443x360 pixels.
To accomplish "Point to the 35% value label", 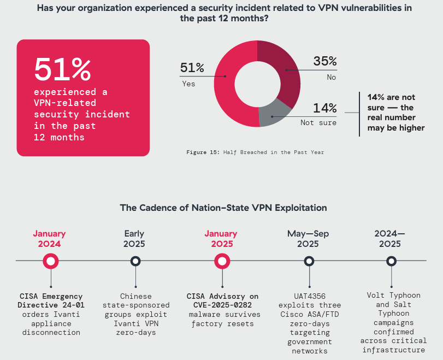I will (324, 61).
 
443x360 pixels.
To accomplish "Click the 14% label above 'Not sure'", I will (324, 108).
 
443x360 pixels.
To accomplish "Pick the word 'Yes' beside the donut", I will (188, 84).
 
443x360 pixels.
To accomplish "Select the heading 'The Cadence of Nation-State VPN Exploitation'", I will (223, 208).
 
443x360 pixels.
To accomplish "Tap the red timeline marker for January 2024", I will (51, 261).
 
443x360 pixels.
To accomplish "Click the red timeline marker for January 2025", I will (222, 261).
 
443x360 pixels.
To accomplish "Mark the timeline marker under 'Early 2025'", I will (135, 261).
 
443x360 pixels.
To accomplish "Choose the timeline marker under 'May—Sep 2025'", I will (309, 261).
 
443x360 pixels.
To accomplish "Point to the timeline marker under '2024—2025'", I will (391, 261).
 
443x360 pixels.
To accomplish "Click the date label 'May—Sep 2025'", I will (308, 239).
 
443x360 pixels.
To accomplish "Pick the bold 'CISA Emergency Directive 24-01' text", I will (51, 301).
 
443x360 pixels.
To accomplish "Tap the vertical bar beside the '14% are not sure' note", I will (359, 114).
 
